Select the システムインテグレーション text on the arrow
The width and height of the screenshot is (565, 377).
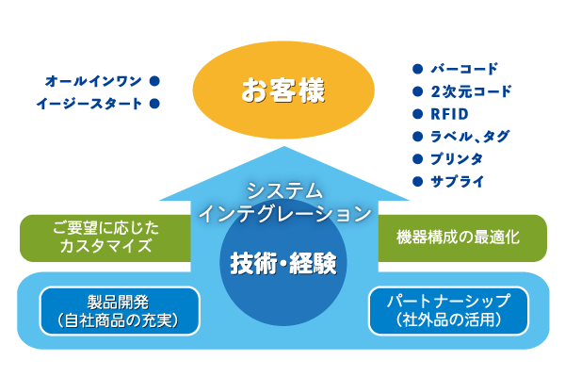[x=284, y=202]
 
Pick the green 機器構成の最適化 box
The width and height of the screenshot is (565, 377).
[x=461, y=238]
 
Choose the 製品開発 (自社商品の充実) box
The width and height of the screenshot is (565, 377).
[x=120, y=311]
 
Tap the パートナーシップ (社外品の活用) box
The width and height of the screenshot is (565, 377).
[x=447, y=311]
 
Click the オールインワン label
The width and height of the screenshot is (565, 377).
[x=94, y=81]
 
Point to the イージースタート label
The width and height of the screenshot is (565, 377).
[x=90, y=103]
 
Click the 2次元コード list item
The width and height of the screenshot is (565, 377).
[x=470, y=91]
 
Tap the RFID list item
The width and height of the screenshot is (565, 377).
[x=450, y=114]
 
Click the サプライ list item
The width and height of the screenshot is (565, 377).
[x=457, y=181]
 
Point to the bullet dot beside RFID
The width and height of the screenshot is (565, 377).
[x=417, y=114]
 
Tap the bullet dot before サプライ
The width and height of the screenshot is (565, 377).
[x=417, y=181]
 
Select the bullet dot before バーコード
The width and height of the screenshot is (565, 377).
[x=417, y=69]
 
